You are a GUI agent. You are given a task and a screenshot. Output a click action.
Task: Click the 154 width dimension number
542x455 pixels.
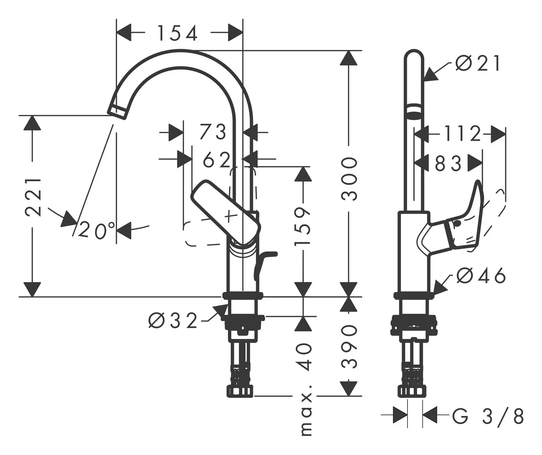[x=177, y=33]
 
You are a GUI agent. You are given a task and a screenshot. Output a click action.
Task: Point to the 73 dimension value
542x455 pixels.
[x=213, y=132]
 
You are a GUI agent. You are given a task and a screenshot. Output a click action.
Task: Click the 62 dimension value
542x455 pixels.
[x=217, y=160]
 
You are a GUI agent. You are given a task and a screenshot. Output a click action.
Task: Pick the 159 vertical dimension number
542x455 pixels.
[x=302, y=226]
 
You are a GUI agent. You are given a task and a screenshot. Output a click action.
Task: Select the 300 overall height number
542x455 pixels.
[x=349, y=178]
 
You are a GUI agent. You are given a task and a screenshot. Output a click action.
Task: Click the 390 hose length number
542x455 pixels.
[x=349, y=346]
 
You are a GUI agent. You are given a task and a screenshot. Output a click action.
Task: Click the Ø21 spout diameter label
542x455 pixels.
[x=478, y=63]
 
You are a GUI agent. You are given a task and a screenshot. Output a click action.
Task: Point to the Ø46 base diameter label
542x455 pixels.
[x=481, y=276]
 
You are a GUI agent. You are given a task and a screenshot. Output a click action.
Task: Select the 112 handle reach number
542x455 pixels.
[x=462, y=134]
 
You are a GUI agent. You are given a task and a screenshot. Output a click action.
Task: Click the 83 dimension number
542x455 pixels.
[x=448, y=164]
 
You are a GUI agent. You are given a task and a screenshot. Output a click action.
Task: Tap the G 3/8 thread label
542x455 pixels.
[x=488, y=417]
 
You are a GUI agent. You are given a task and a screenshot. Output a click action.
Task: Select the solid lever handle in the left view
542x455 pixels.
[x=225, y=213]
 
